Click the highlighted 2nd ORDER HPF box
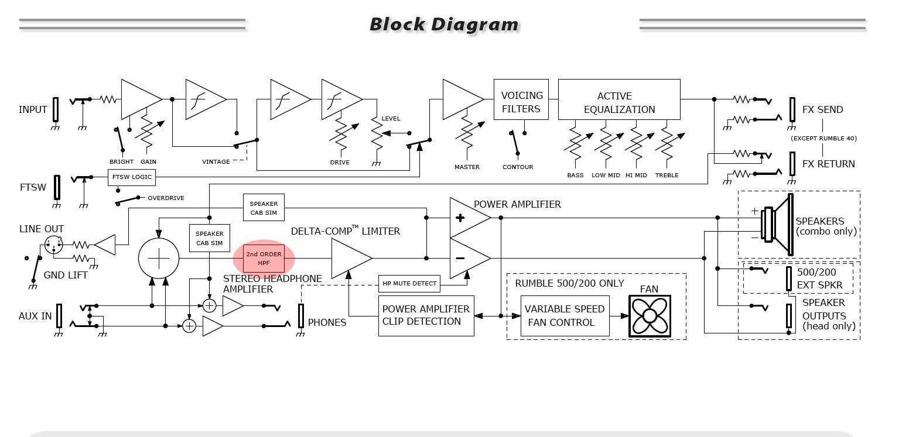(x=264, y=258)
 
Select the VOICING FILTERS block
(x=521, y=99)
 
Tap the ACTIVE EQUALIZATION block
(x=619, y=99)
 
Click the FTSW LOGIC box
(x=132, y=177)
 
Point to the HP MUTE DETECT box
(x=409, y=283)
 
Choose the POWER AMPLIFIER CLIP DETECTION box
(x=426, y=316)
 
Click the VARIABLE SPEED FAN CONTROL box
(x=565, y=316)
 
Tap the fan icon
(x=650, y=316)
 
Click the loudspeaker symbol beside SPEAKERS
(x=778, y=225)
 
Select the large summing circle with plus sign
(x=159, y=258)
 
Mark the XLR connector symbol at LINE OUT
(x=53, y=245)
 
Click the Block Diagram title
(x=444, y=25)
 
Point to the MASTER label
(x=467, y=167)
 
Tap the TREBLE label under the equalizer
(x=667, y=175)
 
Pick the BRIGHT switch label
(x=121, y=161)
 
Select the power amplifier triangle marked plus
(x=470, y=218)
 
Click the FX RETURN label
(x=828, y=164)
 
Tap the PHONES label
(x=327, y=322)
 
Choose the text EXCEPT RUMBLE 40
(x=823, y=138)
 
